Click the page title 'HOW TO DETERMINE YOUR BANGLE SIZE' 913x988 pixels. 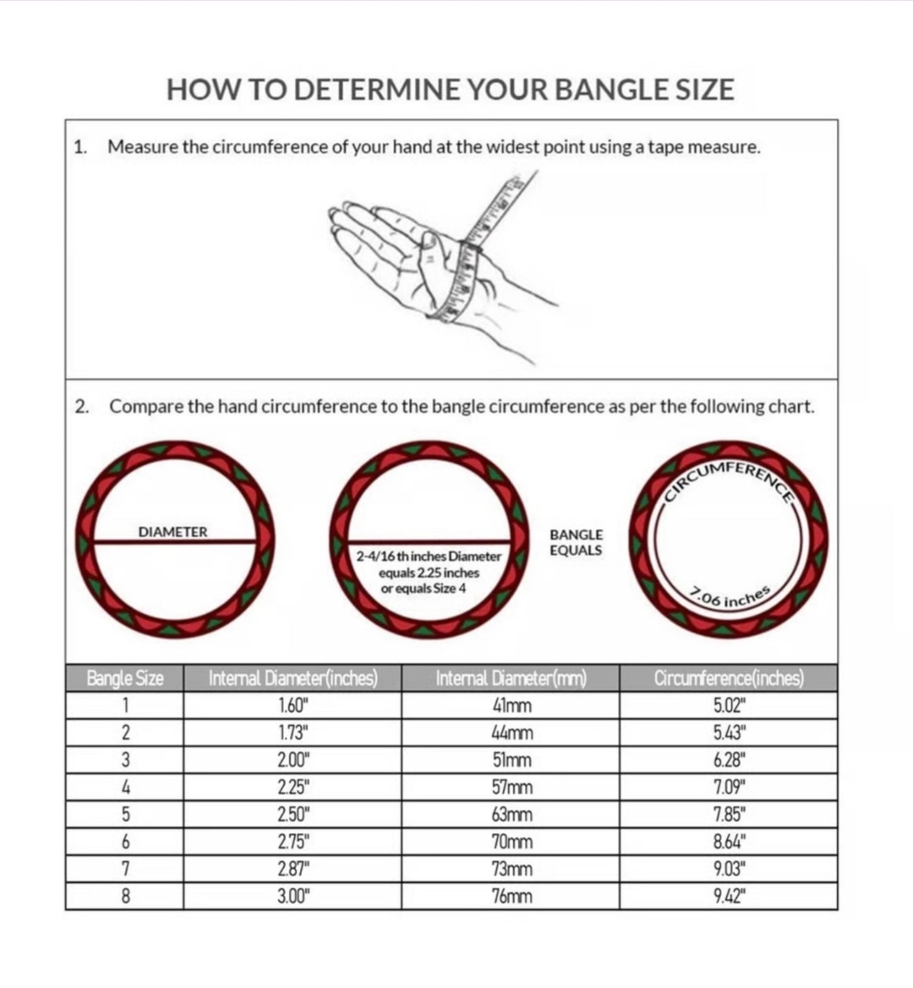pos(450,90)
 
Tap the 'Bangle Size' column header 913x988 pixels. pos(124,679)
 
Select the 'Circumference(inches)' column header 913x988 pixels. pos(729,679)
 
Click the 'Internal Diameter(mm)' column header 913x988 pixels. pos(511,679)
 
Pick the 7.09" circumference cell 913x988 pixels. pos(729,788)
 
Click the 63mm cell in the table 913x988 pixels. pos(511,815)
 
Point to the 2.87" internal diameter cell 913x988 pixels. pos(293,869)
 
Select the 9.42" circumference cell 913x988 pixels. pos(729,896)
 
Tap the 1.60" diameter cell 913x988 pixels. pos(293,705)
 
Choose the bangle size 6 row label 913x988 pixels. pos(125,842)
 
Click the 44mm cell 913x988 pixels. pos(511,733)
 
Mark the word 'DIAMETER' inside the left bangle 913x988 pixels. pos(172,532)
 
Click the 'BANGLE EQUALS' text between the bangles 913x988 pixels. pos(576,543)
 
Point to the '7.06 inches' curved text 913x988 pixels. pos(730,597)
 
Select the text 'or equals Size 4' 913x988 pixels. pos(423,589)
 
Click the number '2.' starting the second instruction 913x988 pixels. pos(82,407)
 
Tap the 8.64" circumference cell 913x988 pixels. pos(729,842)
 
